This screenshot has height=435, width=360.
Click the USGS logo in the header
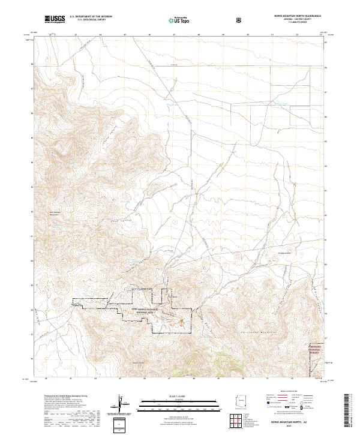pos(55,20)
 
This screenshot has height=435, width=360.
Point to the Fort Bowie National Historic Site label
pos(143,310)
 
